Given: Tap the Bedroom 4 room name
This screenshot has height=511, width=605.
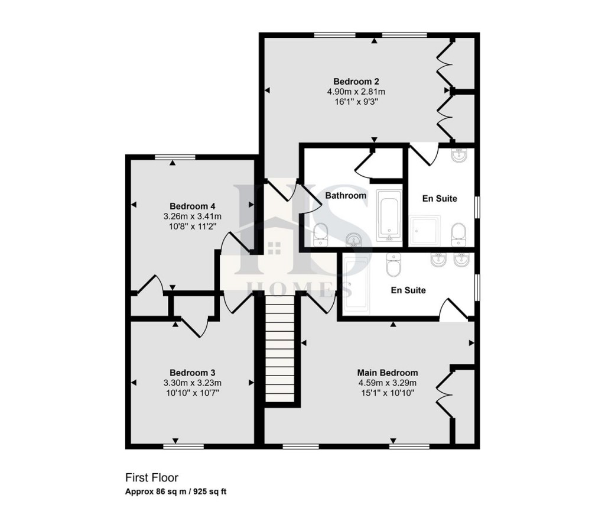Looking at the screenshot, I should point(192,206).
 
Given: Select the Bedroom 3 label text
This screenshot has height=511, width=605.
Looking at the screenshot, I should point(192,373).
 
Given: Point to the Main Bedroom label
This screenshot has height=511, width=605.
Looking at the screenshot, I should point(387,373).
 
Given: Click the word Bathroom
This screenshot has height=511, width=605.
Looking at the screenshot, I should point(346,195).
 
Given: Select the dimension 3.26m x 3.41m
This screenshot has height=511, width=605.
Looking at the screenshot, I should point(192,216).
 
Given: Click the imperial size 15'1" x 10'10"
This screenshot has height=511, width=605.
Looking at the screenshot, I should point(387,392).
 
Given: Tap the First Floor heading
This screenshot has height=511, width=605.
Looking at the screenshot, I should point(151,477).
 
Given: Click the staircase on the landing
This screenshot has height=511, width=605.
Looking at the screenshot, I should point(279,349).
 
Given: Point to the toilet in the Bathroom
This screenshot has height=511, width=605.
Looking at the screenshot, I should point(321,235).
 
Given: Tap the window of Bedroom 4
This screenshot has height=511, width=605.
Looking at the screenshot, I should point(175,157).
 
